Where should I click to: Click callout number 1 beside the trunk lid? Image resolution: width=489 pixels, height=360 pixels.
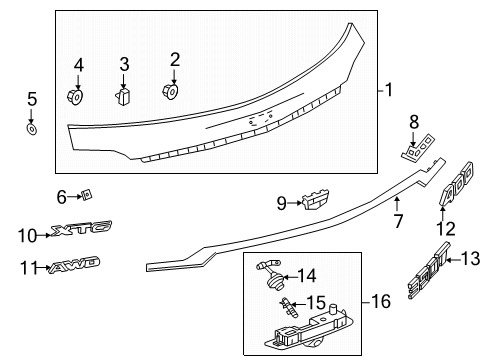(x=386, y=90)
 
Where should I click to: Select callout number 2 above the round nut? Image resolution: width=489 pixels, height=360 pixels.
(x=174, y=59)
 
